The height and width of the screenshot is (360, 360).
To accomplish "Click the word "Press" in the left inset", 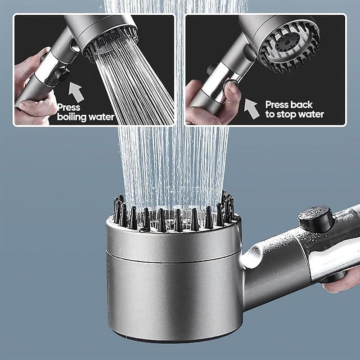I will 69,108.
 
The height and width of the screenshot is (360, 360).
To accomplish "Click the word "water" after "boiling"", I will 101,118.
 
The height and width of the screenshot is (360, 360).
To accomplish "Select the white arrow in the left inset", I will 76,92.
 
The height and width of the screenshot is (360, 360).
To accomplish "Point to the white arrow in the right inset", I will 252,109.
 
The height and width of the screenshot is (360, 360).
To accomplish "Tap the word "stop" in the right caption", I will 289,114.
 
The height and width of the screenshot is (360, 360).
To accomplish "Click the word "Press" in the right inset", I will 277,104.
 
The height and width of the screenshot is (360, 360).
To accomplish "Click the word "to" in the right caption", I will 270,114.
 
